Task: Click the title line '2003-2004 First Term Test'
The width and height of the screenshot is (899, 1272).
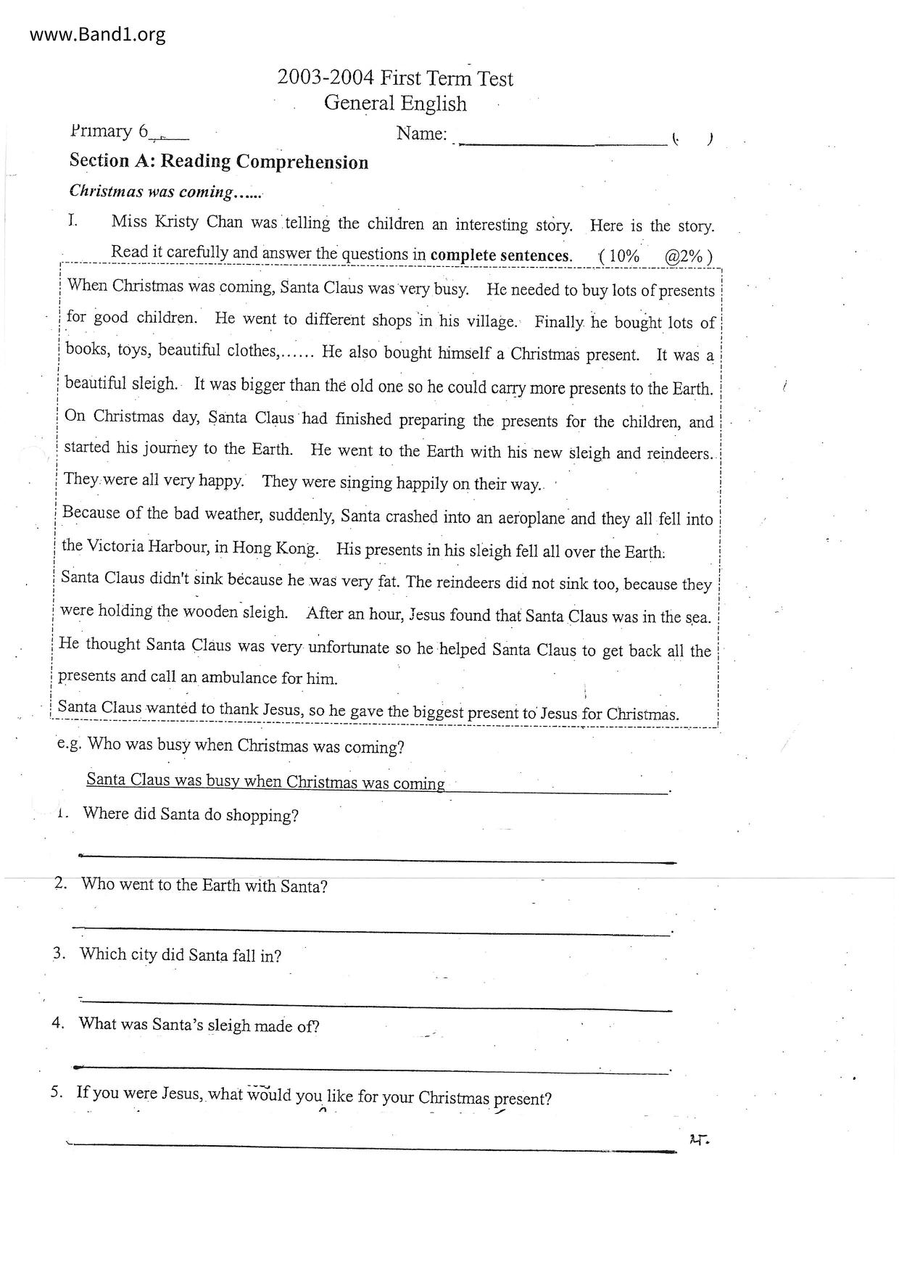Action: [394, 78]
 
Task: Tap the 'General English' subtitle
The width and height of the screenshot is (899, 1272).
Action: [395, 103]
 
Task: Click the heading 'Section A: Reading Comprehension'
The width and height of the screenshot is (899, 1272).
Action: [218, 162]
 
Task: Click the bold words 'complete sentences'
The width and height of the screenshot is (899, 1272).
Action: [500, 255]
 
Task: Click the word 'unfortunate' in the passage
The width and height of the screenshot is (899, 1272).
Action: [349, 647]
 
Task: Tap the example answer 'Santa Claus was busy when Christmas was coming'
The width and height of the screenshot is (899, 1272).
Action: [265, 782]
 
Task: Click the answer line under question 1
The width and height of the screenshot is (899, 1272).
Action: [377, 859]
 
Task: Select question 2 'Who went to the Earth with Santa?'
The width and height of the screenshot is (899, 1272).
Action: [204, 885]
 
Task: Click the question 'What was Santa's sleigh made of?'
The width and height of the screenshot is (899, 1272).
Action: [199, 1025]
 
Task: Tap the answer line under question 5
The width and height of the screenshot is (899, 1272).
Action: [370, 1147]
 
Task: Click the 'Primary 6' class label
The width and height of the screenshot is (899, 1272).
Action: [109, 132]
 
